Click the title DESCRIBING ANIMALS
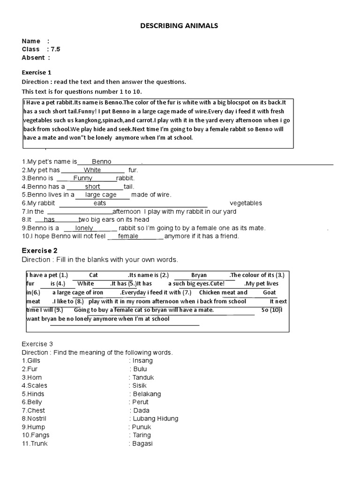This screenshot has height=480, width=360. click(x=179, y=26)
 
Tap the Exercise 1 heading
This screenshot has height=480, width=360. click(x=37, y=73)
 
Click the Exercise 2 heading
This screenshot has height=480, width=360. click(x=40, y=251)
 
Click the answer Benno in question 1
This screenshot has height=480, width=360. click(x=101, y=162)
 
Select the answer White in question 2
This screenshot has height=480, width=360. click(x=92, y=170)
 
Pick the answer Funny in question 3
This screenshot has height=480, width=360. click(x=83, y=178)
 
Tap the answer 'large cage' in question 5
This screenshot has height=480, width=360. click(x=101, y=195)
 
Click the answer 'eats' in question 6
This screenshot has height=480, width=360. click(x=100, y=203)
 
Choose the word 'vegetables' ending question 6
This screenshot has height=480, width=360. click(x=246, y=203)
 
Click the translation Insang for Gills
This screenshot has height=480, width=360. click(x=142, y=361)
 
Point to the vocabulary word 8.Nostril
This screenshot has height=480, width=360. click(x=34, y=419)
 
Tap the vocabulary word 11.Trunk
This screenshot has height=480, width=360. click(x=35, y=443)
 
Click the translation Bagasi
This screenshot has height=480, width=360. click(x=142, y=443)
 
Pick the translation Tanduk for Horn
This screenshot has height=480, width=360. click(x=143, y=377)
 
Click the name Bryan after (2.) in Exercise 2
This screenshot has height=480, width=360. click(x=199, y=276)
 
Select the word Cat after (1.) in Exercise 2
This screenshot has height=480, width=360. click(x=93, y=276)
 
